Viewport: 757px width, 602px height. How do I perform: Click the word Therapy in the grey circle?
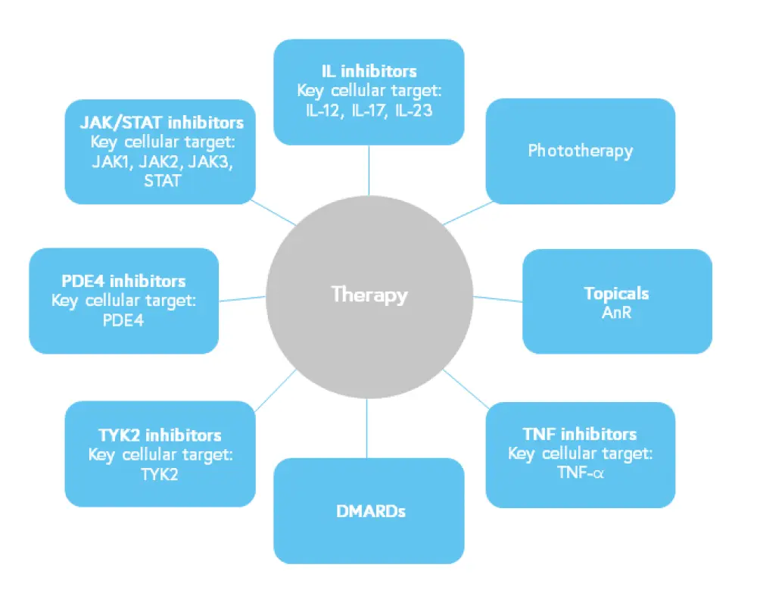tap(369, 294)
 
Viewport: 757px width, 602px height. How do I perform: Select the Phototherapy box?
tap(580, 151)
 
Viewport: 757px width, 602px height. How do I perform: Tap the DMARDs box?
tap(369, 511)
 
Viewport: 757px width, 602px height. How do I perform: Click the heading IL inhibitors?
tap(369, 72)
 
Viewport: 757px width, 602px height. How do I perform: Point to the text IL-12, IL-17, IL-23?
tap(369, 109)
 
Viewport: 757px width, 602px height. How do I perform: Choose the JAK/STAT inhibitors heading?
tap(162, 123)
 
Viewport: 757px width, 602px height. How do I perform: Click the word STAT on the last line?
tap(162, 181)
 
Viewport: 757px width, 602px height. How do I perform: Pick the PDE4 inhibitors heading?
tap(123, 282)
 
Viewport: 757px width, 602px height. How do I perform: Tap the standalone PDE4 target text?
tap(123, 320)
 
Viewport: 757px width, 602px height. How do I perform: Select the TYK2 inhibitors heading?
tap(160, 435)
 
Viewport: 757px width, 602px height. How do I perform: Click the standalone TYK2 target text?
tap(160, 474)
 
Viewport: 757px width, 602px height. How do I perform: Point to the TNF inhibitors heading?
tap(580, 435)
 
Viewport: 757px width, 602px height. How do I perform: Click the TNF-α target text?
tap(580, 474)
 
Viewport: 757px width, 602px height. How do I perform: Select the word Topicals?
tap(617, 293)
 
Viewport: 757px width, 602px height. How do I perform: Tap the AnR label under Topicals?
tap(617, 312)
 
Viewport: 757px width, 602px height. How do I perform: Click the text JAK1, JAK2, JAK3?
tap(162, 161)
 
